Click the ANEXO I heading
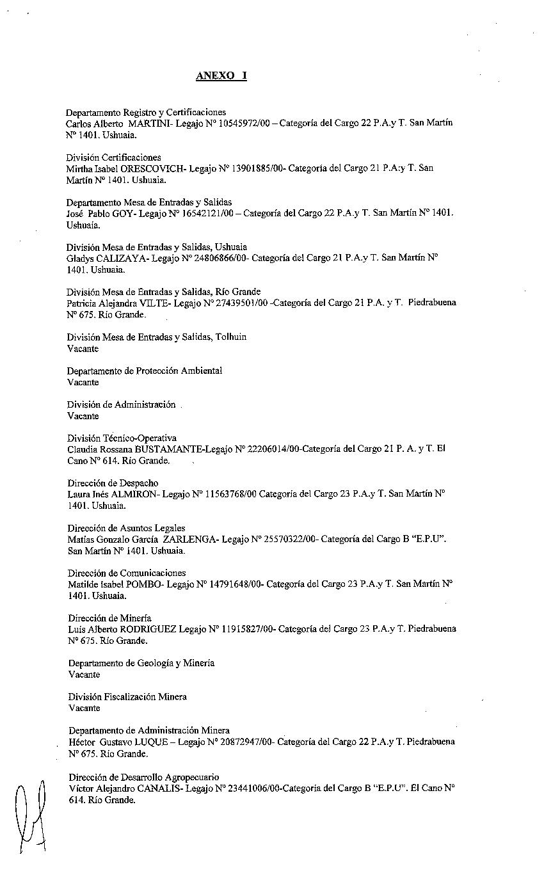[x=221, y=76]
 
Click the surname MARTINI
[x=148, y=123]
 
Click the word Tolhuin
[x=231, y=337]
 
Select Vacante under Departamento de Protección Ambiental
[x=83, y=382]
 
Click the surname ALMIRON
[x=135, y=494]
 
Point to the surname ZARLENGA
[x=195, y=540]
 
